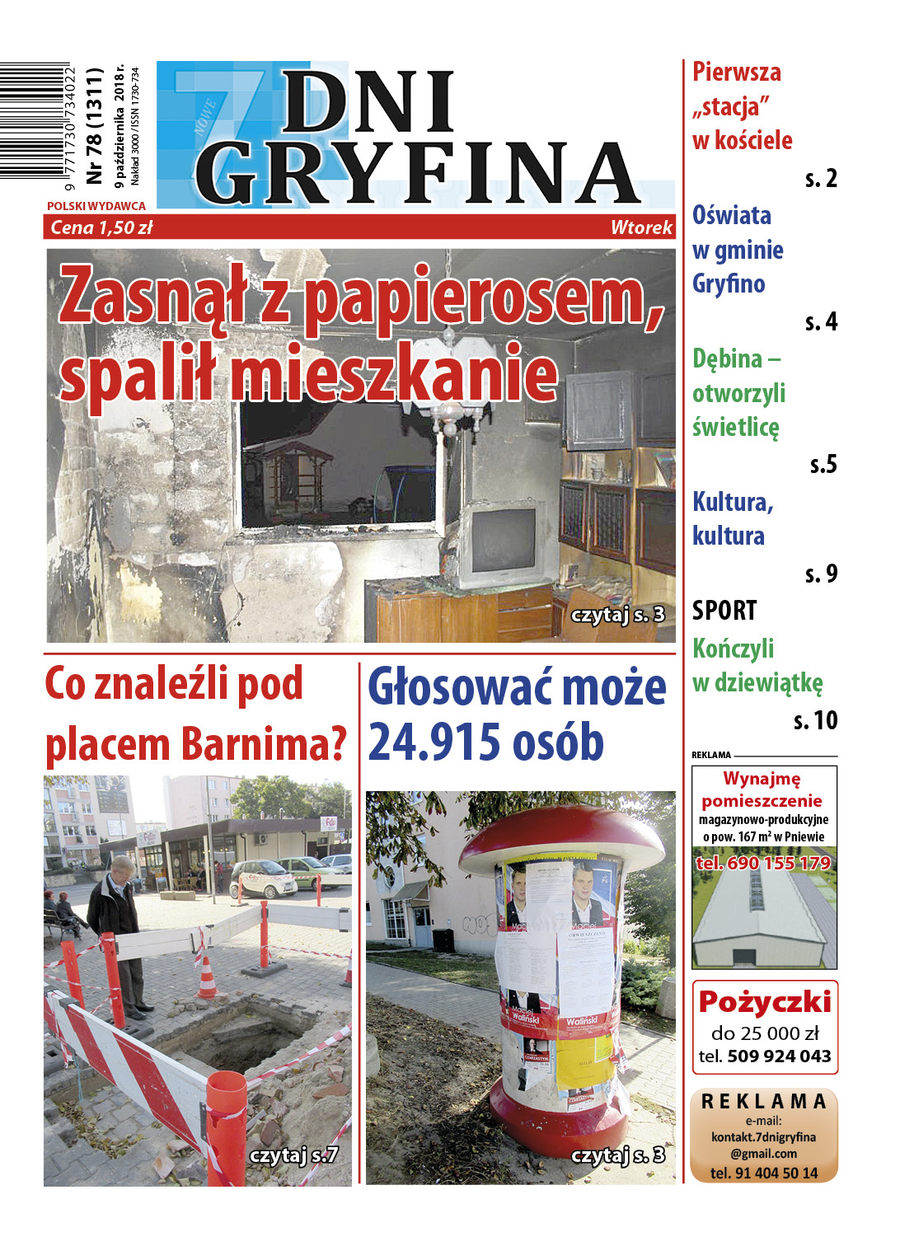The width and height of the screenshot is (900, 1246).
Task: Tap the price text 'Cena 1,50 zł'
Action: [101, 227]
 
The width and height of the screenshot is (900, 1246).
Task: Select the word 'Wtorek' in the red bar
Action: [641, 227]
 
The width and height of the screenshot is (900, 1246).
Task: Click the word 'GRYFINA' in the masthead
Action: [416, 173]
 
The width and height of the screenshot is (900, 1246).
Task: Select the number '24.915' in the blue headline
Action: [434, 742]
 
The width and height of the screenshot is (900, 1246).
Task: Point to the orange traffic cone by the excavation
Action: [207, 977]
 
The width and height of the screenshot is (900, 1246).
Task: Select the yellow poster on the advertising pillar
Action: [584, 1062]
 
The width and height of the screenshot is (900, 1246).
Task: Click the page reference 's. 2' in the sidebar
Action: [821, 178]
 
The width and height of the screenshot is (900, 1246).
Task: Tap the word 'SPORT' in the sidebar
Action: [724, 611]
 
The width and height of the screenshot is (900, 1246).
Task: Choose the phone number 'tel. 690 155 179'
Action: [763, 863]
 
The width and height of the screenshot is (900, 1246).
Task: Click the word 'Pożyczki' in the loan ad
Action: [765, 1001]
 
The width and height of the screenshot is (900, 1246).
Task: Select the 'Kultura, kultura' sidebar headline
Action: [733, 518]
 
